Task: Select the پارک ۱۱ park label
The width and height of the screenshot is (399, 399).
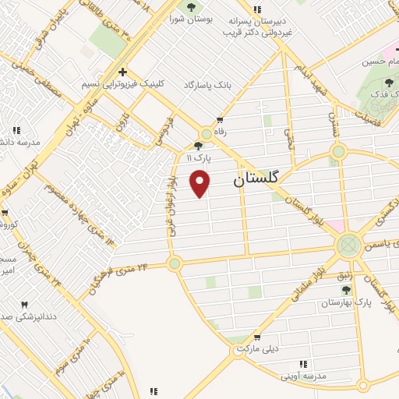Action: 199,157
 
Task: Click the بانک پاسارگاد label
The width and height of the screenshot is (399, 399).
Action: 208,83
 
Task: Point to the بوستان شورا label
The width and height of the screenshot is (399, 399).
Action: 191,20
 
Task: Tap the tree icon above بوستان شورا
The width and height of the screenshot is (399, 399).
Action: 191,8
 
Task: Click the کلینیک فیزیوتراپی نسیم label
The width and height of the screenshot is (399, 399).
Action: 120,83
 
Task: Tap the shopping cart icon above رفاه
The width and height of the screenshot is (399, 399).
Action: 221,120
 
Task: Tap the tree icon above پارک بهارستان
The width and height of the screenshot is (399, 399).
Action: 346,290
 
